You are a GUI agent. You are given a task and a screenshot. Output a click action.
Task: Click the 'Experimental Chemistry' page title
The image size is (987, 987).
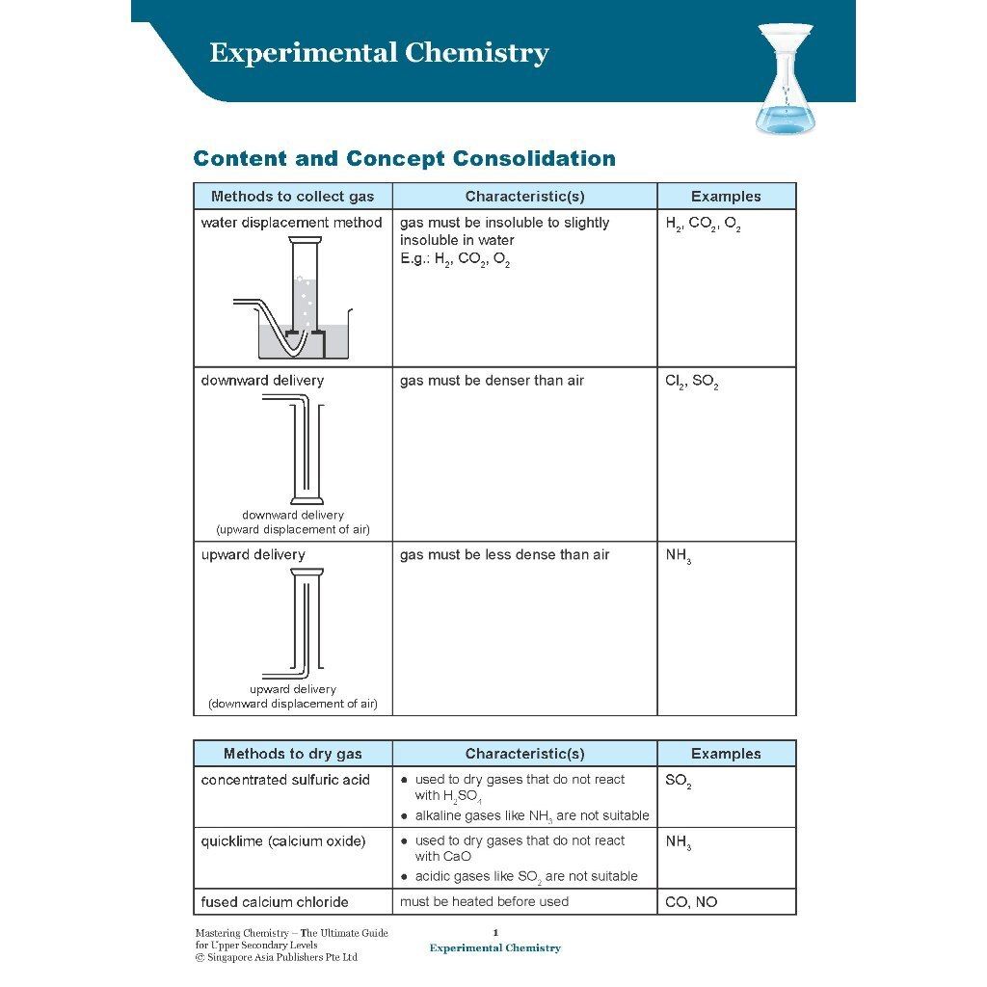tap(379, 52)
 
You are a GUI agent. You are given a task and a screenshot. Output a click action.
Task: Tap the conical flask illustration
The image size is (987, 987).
tap(786, 79)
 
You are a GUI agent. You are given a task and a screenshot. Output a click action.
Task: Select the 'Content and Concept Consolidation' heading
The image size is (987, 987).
tap(404, 158)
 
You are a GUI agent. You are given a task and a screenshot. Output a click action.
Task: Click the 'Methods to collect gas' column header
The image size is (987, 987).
tap(292, 197)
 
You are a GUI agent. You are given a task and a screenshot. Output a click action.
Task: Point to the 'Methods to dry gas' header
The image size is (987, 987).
tap(292, 754)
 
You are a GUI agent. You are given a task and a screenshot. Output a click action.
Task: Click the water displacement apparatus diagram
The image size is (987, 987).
tap(293, 300)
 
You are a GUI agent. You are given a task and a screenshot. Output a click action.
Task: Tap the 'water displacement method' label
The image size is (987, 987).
tap(292, 223)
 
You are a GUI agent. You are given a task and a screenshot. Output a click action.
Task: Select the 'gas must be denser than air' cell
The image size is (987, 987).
tap(492, 381)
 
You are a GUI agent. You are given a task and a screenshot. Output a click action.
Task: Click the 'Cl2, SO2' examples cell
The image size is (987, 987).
tap(691, 382)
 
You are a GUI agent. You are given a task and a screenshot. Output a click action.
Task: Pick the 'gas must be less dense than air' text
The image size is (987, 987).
tap(504, 555)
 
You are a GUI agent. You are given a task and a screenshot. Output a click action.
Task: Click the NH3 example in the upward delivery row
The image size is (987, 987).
tap(678, 556)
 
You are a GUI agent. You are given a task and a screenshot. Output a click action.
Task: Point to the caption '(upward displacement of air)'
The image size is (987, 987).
tap(292, 529)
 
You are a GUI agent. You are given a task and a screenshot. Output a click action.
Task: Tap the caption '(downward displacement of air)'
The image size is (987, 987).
tap(292, 704)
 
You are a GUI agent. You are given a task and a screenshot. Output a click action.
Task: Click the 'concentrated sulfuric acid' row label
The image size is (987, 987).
tap(285, 780)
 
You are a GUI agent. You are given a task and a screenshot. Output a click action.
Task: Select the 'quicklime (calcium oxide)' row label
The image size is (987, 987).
tap(283, 841)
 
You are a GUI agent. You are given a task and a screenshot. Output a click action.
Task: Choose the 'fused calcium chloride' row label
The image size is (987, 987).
tap(275, 902)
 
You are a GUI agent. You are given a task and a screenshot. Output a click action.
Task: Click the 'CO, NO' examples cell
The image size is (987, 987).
tap(691, 902)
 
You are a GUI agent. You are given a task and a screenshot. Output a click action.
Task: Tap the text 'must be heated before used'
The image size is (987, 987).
tap(484, 902)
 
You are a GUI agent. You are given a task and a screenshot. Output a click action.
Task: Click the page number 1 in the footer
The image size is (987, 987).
tap(495, 932)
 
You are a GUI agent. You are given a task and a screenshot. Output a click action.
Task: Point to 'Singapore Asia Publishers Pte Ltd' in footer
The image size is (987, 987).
tap(281, 957)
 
